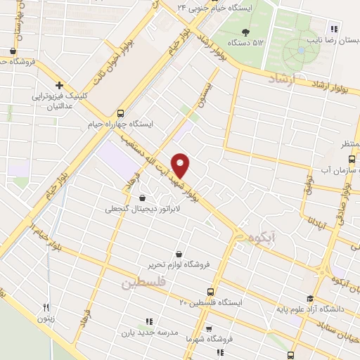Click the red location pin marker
[181, 165]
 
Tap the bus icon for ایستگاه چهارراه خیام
[120, 112]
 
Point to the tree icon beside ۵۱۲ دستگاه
[245, 32]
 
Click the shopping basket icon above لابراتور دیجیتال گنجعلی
[143, 198]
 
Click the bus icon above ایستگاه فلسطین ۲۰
[210, 292]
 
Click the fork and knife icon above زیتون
[46, 307]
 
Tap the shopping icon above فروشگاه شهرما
[208, 328]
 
